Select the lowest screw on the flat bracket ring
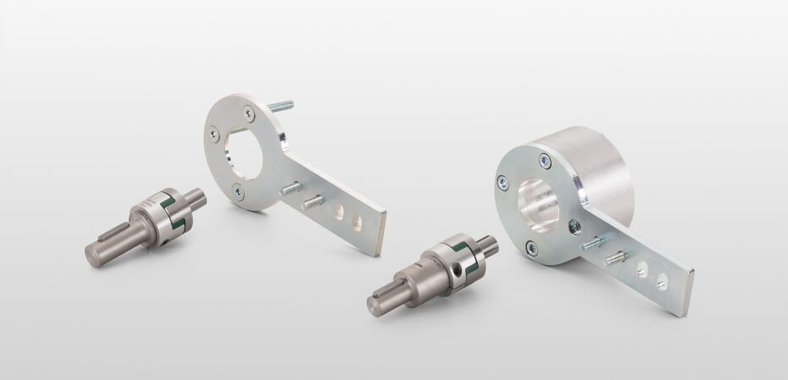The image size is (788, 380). pos(237,192)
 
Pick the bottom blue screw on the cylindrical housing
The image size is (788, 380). pos(532,247)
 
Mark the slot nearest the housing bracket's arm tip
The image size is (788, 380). pos(663,278)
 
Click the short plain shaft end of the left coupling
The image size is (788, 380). pos(197,198)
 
